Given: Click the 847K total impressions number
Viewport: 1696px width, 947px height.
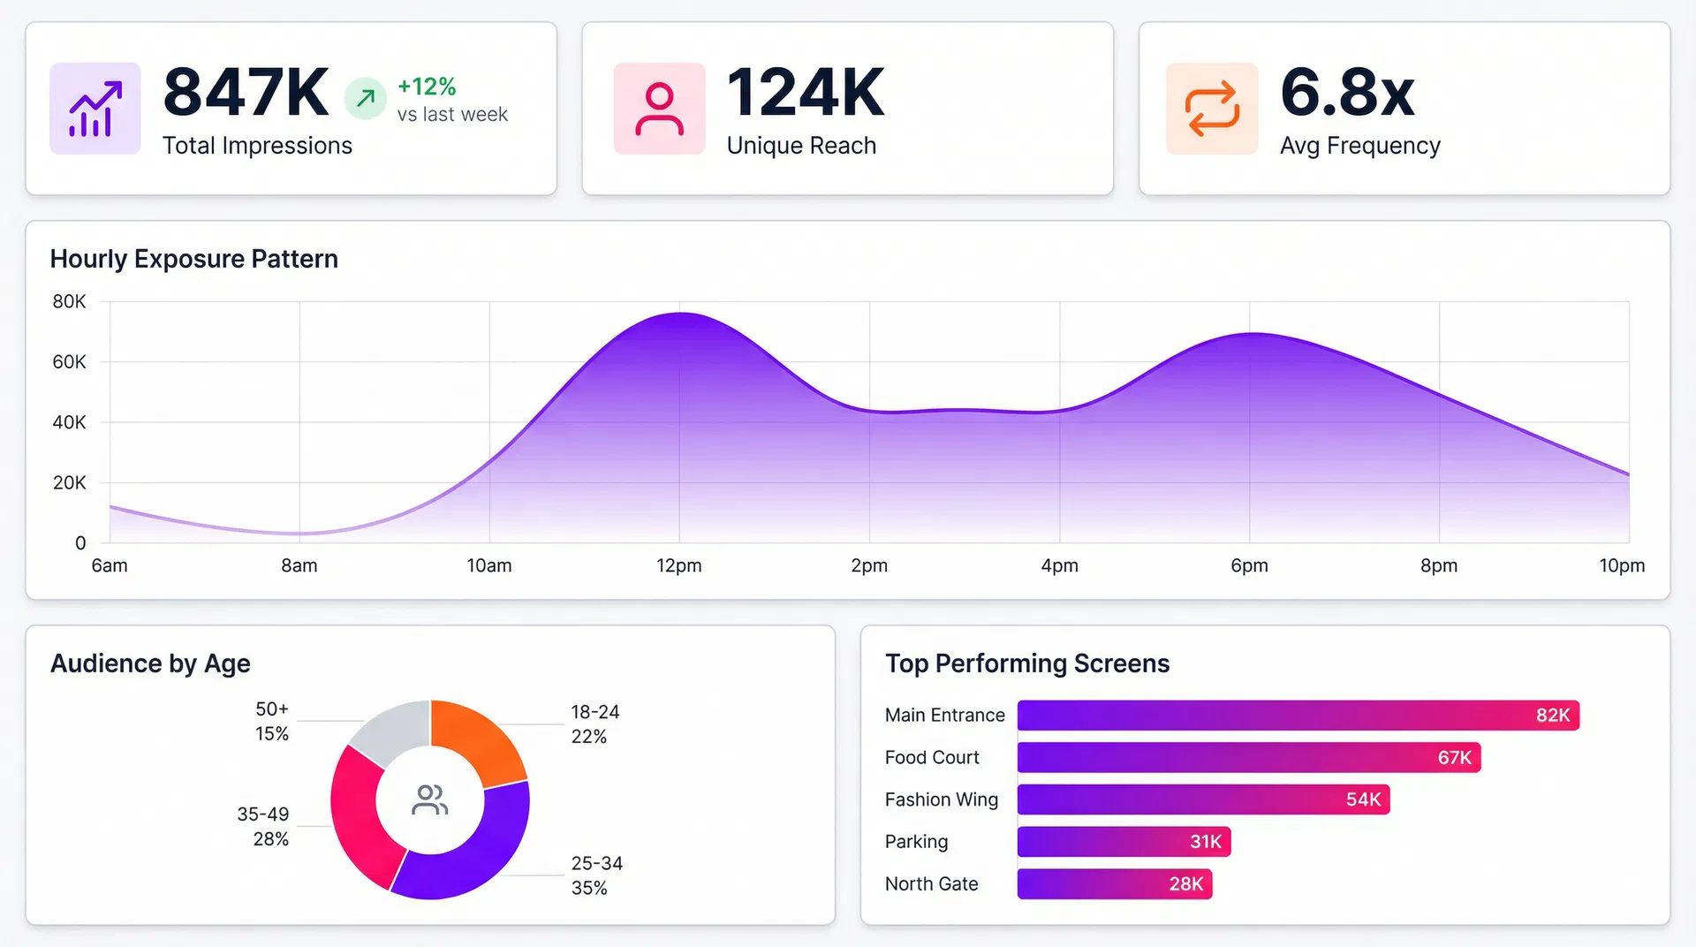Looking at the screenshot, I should [x=246, y=93].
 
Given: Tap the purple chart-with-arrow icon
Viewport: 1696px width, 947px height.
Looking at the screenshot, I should [x=95, y=109].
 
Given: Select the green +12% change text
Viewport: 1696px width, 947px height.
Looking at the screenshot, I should [x=427, y=87].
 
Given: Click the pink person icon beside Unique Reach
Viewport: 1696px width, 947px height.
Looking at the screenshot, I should [x=659, y=109].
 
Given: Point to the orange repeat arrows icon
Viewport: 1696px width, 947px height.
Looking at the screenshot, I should [x=1212, y=109].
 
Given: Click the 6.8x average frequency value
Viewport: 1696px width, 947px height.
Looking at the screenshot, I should [x=1347, y=93].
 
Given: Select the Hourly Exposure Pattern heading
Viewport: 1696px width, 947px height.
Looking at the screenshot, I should [x=193, y=259].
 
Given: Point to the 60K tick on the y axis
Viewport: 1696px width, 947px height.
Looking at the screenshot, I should [x=69, y=362].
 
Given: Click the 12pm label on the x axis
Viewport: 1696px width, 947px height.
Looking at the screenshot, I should [x=678, y=565].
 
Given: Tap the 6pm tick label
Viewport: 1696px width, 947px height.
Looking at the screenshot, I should [x=1249, y=565].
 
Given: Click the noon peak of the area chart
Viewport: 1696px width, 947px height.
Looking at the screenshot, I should [x=680, y=314].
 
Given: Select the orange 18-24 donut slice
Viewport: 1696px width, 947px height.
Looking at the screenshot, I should [x=477, y=740].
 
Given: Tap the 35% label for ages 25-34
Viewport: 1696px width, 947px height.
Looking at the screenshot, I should [x=589, y=888].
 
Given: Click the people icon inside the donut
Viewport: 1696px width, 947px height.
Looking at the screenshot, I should [x=430, y=800].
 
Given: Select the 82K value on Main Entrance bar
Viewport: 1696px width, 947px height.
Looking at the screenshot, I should [x=1552, y=716].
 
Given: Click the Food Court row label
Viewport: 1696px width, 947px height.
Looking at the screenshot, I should [x=932, y=757].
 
